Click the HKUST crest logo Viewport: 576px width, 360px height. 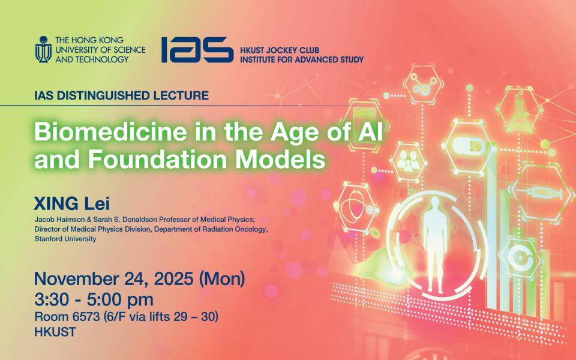point(43,49)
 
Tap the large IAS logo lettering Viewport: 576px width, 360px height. point(197,50)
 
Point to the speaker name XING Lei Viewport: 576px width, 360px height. point(72,203)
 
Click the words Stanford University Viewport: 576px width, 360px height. point(65,239)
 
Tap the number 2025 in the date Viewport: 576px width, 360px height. point(173,279)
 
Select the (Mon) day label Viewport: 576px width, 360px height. point(222,279)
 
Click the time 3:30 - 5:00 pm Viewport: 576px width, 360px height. point(94,299)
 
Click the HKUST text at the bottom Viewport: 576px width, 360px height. point(55,332)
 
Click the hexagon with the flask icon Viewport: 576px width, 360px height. point(519,109)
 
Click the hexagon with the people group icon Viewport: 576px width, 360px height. point(408,161)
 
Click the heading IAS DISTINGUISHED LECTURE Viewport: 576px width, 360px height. point(122,95)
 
